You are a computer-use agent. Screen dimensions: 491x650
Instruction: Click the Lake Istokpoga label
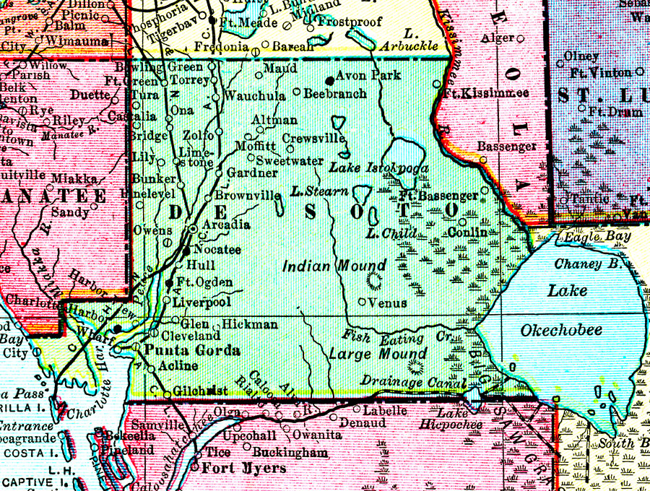tap(379, 168)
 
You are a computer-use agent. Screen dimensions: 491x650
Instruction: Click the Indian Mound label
tap(334, 266)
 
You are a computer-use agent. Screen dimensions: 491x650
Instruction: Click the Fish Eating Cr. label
tap(383, 336)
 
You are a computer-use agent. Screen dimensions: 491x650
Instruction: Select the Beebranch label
tap(334, 94)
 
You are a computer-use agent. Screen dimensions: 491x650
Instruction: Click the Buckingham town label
tap(292, 453)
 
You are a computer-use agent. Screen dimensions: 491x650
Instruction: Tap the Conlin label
tap(467, 233)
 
